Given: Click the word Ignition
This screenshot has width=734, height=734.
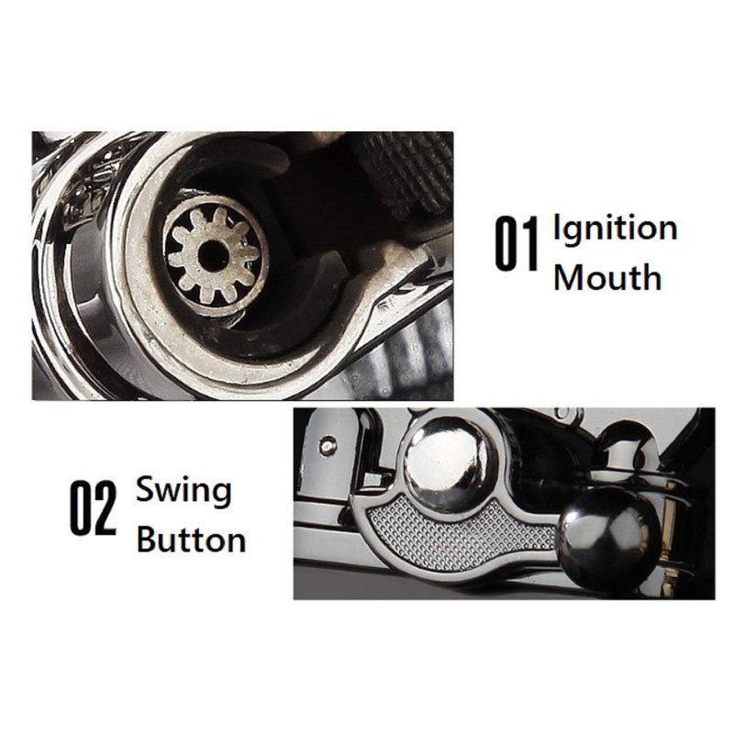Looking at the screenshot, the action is click(616, 229).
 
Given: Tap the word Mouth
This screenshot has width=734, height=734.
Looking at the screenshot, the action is click(607, 277).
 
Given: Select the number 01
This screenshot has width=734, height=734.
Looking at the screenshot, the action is click(517, 244).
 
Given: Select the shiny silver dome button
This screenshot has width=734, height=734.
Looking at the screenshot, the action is click(448, 461).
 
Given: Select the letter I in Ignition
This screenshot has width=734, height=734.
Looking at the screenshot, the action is click(557, 228).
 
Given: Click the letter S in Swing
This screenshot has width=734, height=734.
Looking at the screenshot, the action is click(147, 489).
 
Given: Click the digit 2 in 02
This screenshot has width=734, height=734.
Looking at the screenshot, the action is click(105, 509).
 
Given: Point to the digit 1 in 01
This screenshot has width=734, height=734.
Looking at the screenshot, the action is click(531, 244).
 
